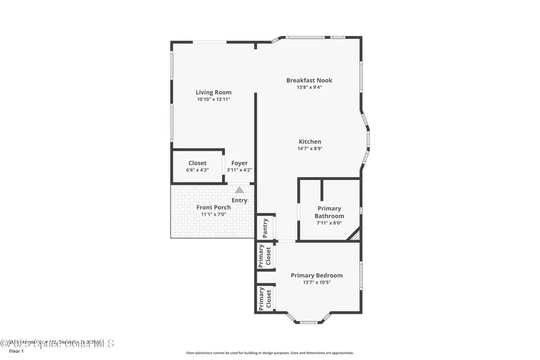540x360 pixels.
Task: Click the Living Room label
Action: click(x=213, y=92)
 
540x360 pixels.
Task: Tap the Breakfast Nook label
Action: click(x=309, y=80)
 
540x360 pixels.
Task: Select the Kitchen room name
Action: click(x=310, y=142)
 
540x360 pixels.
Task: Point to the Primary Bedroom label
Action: click(x=317, y=275)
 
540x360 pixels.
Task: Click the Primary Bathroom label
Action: click(x=329, y=212)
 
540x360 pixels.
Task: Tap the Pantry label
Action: click(x=265, y=228)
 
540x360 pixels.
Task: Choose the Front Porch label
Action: click(x=214, y=208)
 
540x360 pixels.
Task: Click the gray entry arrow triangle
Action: click(x=239, y=189)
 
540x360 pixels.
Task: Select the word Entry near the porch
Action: click(x=239, y=200)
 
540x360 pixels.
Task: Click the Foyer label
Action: click(x=239, y=163)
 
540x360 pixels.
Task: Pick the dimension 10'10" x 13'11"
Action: click(x=213, y=100)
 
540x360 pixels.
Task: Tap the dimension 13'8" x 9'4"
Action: click(x=309, y=88)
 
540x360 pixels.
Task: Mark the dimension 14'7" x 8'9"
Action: click(x=310, y=149)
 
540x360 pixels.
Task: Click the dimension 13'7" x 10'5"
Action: click(x=317, y=283)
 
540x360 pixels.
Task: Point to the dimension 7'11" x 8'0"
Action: click(x=329, y=223)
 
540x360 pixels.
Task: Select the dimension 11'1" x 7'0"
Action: click(x=214, y=215)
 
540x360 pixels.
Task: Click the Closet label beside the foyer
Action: click(x=197, y=163)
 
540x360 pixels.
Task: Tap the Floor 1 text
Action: click(x=17, y=351)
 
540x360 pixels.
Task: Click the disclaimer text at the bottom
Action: click(x=270, y=353)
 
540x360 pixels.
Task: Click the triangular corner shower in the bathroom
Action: click(x=355, y=235)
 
